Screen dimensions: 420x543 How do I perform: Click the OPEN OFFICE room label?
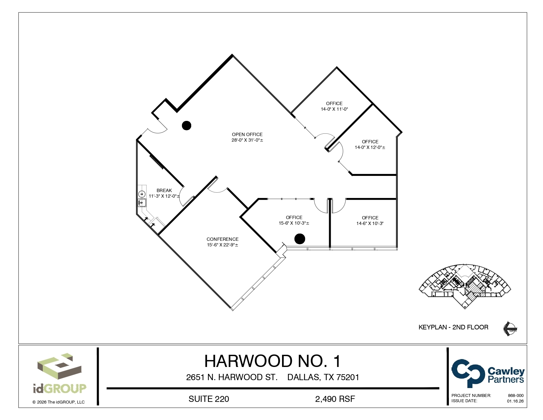pyautogui.click(x=247, y=134)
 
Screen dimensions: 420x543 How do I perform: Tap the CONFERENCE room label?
pyautogui.click(x=222, y=239)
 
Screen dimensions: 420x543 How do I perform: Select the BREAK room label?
pyautogui.click(x=164, y=190)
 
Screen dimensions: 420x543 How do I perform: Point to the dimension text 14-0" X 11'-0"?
pyautogui.click(x=334, y=109)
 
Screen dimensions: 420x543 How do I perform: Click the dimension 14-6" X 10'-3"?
pyautogui.click(x=370, y=223)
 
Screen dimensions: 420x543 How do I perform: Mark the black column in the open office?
pyautogui.click(x=187, y=126)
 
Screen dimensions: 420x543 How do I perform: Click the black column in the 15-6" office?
pyautogui.click(x=299, y=239)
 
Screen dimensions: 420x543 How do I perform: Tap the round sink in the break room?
pyautogui.click(x=142, y=194)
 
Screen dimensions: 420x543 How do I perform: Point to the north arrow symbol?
pyautogui.click(x=510, y=328)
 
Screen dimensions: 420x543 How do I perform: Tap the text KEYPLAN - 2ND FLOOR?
pyautogui.click(x=453, y=327)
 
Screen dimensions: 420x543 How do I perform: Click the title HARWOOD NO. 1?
pyautogui.click(x=272, y=361)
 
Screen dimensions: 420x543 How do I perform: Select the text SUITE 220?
pyautogui.click(x=209, y=399)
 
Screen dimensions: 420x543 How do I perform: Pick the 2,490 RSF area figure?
pyautogui.click(x=335, y=399)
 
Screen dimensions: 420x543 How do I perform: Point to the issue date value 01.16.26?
pyautogui.click(x=515, y=401)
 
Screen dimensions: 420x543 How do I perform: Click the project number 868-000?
pyautogui.click(x=516, y=395)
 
